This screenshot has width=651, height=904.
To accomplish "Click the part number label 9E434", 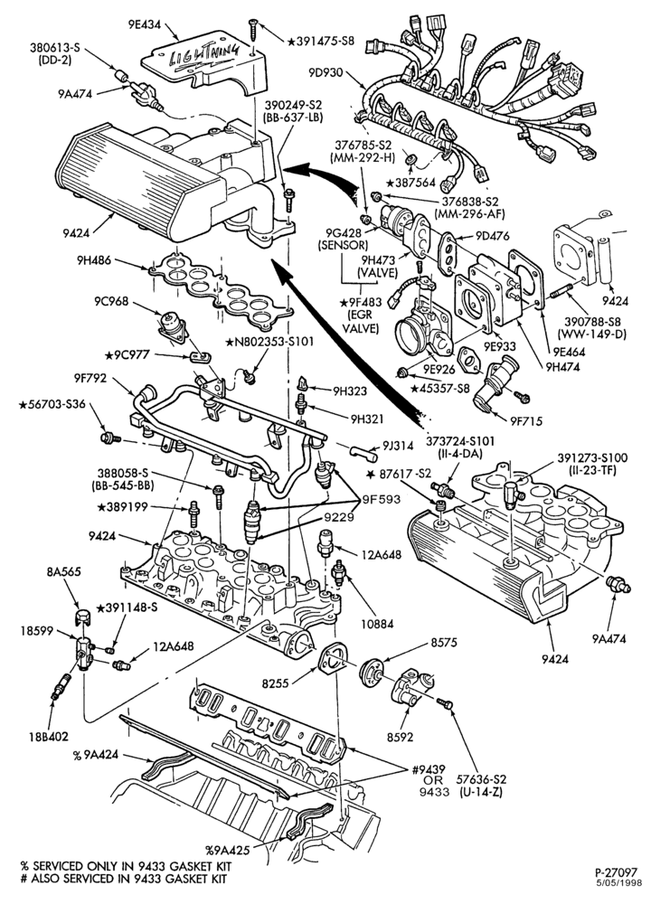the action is tap(144, 24).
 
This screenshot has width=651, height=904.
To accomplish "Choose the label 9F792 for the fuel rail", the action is tap(91, 379).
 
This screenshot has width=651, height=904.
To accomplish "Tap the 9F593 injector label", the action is tap(381, 499).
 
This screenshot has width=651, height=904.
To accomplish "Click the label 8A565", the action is tap(63, 572).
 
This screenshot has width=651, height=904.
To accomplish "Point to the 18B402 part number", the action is tap(50, 736).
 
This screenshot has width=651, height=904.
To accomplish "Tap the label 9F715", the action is tap(526, 421).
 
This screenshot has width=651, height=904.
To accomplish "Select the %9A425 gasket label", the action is tap(227, 849).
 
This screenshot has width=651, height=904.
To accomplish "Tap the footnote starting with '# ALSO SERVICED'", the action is tap(124, 880).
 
